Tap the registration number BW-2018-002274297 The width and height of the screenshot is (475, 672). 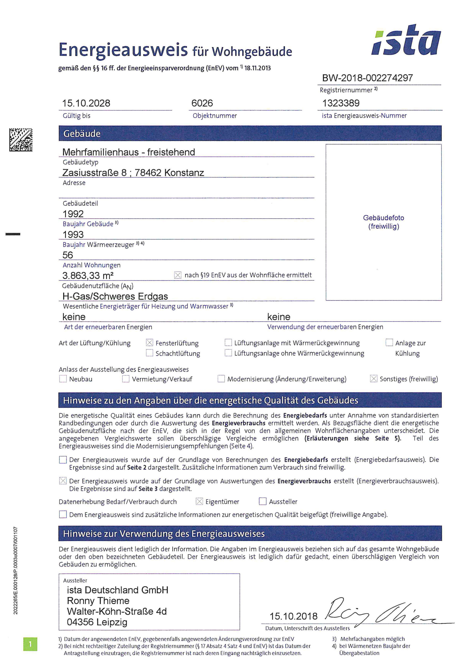[x=367, y=78]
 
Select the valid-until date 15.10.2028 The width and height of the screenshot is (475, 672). [x=86, y=103]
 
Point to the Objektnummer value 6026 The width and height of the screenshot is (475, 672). [x=202, y=103]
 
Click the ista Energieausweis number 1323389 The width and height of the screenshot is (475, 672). [x=341, y=103]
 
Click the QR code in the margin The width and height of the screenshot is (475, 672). [x=21, y=140]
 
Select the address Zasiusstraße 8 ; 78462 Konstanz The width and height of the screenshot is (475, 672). [x=133, y=173]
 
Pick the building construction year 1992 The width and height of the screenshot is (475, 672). [x=73, y=214]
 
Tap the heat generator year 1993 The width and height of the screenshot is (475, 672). [x=73, y=234]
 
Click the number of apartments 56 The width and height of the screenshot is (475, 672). [x=68, y=255]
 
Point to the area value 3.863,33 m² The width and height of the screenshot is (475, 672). [x=88, y=275]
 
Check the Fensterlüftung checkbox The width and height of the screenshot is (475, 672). [x=150, y=343]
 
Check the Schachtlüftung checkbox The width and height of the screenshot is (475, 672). [x=150, y=353]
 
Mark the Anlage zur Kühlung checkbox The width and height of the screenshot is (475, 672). [x=389, y=343]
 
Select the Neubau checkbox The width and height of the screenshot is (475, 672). [x=63, y=379]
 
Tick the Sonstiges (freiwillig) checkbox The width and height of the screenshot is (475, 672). [x=373, y=379]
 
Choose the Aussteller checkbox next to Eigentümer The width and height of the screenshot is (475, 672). [x=262, y=501]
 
